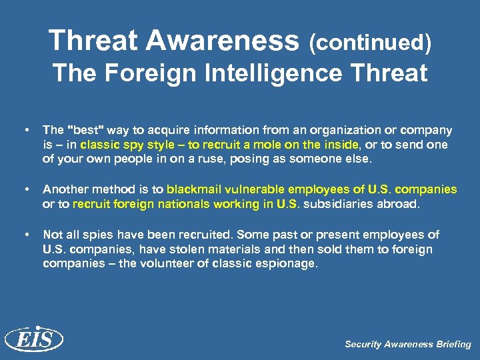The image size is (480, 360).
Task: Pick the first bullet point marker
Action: click(25, 130)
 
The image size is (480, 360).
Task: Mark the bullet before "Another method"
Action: click(25, 189)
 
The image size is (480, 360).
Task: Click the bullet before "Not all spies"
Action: click(25, 235)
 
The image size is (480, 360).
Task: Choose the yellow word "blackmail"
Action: click(193, 189)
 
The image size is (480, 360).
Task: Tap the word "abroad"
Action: click(400, 204)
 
